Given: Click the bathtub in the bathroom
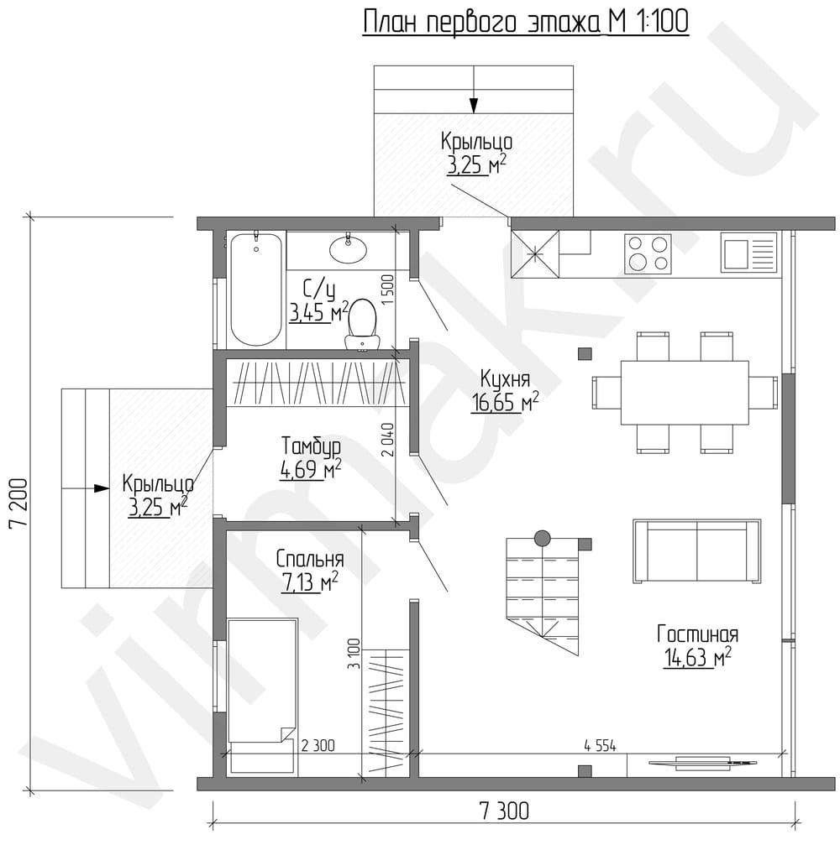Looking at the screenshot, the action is coord(256,289).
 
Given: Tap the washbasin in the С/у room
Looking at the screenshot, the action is coord(348,249).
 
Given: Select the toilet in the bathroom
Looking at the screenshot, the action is coord(361,325).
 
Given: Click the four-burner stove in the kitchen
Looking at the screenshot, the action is coord(648,253).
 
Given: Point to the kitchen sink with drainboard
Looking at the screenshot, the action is coord(749,253).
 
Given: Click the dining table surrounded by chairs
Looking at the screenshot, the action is coord(685,393).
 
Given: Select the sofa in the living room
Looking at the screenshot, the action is coord(697,550).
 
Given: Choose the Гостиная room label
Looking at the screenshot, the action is coord(697,634).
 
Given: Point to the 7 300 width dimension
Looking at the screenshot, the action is coord(504,811).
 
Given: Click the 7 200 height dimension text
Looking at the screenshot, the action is coord(18,503).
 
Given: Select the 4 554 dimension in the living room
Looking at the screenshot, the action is coord(600,746).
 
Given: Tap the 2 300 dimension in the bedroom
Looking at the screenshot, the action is coord(318,745).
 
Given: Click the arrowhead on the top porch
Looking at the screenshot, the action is coord(474,106).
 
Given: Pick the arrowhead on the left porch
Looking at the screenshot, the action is coord(102,488).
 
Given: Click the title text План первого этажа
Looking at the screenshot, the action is coord(482,23).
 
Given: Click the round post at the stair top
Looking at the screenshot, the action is coord(542,538).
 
